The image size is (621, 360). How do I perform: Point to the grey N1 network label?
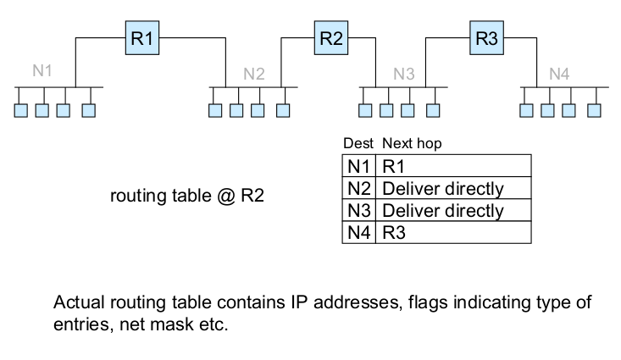pyautogui.click(x=42, y=70)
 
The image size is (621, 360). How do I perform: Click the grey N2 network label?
pyautogui.click(x=254, y=74)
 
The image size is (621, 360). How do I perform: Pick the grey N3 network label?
pyautogui.click(x=404, y=74)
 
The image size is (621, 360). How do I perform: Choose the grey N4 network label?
pyautogui.click(x=559, y=74)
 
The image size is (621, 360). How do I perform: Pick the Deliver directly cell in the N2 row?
pyautogui.click(x=443, y=188)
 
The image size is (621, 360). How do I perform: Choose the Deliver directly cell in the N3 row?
pyautogui.click(x=443, y=210)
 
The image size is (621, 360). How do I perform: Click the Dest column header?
pyautogui.click(x=358, y=144)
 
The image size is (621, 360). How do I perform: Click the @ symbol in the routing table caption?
pyautogui.click(x=223, y=197)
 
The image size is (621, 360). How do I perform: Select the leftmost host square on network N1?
pyautogui.click(x=21, y=109)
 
